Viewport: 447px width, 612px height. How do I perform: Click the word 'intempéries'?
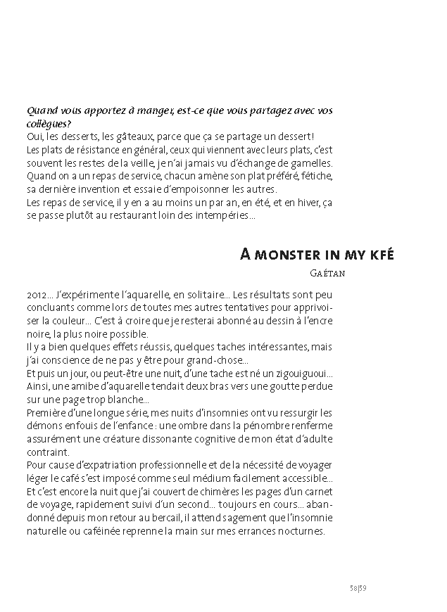[x=225, y=216]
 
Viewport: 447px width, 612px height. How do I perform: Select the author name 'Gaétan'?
[x=326, y=273]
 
